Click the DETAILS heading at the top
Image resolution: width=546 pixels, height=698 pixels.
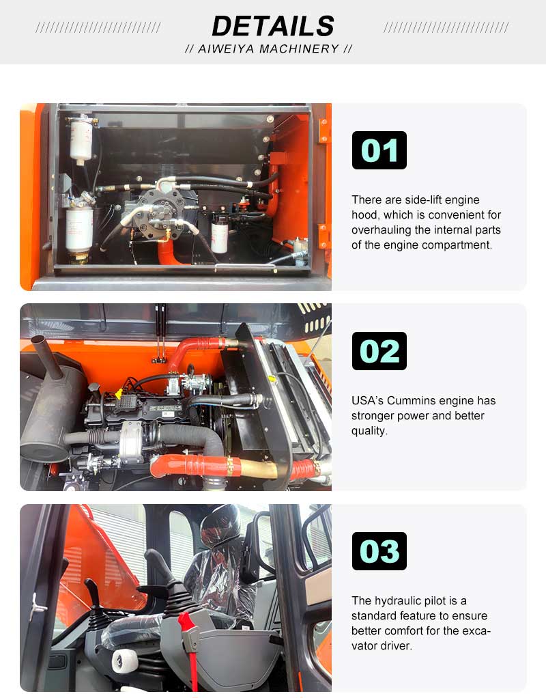pos(273,26)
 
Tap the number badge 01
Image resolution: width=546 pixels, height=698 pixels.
pos(379,150)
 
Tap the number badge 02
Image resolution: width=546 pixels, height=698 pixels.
pos(379,351)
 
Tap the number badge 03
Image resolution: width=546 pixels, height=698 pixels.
pos(379,551)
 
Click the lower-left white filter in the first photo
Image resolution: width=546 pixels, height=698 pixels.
pos(80,229)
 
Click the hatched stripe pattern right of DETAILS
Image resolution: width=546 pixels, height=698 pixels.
pos(446,27)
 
